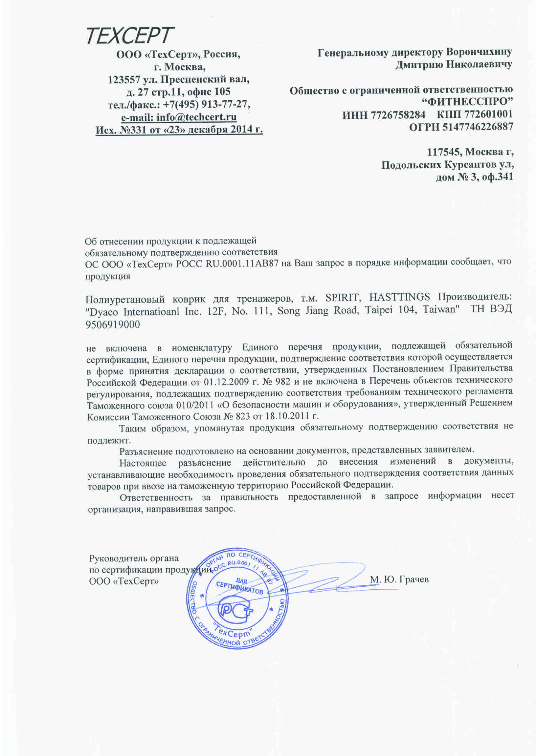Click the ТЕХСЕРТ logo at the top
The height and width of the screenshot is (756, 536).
point(130,36)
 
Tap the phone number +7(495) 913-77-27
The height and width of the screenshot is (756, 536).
point(207,105)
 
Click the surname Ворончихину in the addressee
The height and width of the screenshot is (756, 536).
point(479,52)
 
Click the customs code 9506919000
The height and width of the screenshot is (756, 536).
point(113,325)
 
